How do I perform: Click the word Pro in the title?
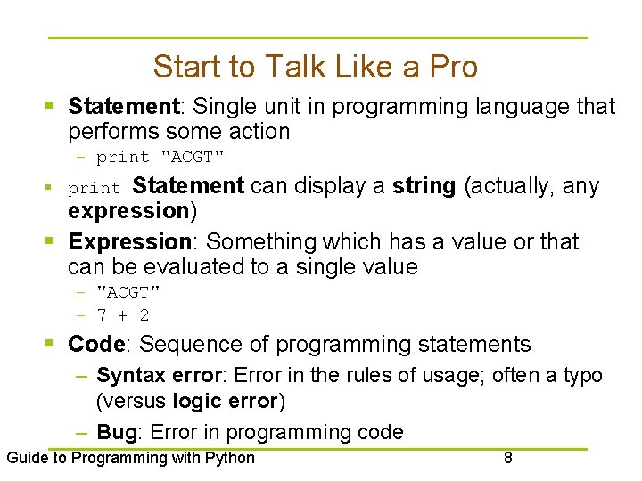(454, 67)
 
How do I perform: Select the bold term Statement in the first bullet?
(124, 107)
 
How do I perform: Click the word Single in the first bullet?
(223, 107)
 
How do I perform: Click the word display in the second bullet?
(317, 186)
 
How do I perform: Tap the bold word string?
(424, 186)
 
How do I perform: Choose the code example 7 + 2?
(123, 315)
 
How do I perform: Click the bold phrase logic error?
(226, 402)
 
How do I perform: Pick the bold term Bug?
(116, 433)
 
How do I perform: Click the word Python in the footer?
(231, 459)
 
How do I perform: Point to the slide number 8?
(508, 459)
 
